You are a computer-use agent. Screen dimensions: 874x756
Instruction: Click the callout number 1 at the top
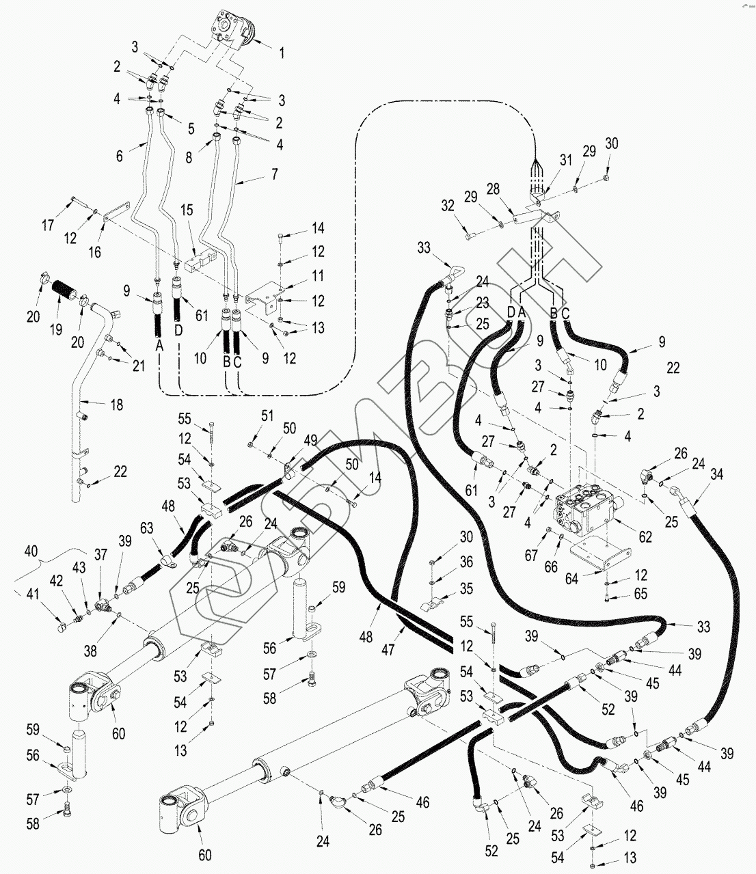(x=281, y=52)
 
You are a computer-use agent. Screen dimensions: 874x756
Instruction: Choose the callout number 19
(x=56, y=329)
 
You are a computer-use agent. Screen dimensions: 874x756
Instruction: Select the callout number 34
(x=717, y=474)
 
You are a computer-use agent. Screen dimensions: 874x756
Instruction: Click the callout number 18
(x=117, y=405)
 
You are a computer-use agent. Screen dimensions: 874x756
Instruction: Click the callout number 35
(x=466, y=587)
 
